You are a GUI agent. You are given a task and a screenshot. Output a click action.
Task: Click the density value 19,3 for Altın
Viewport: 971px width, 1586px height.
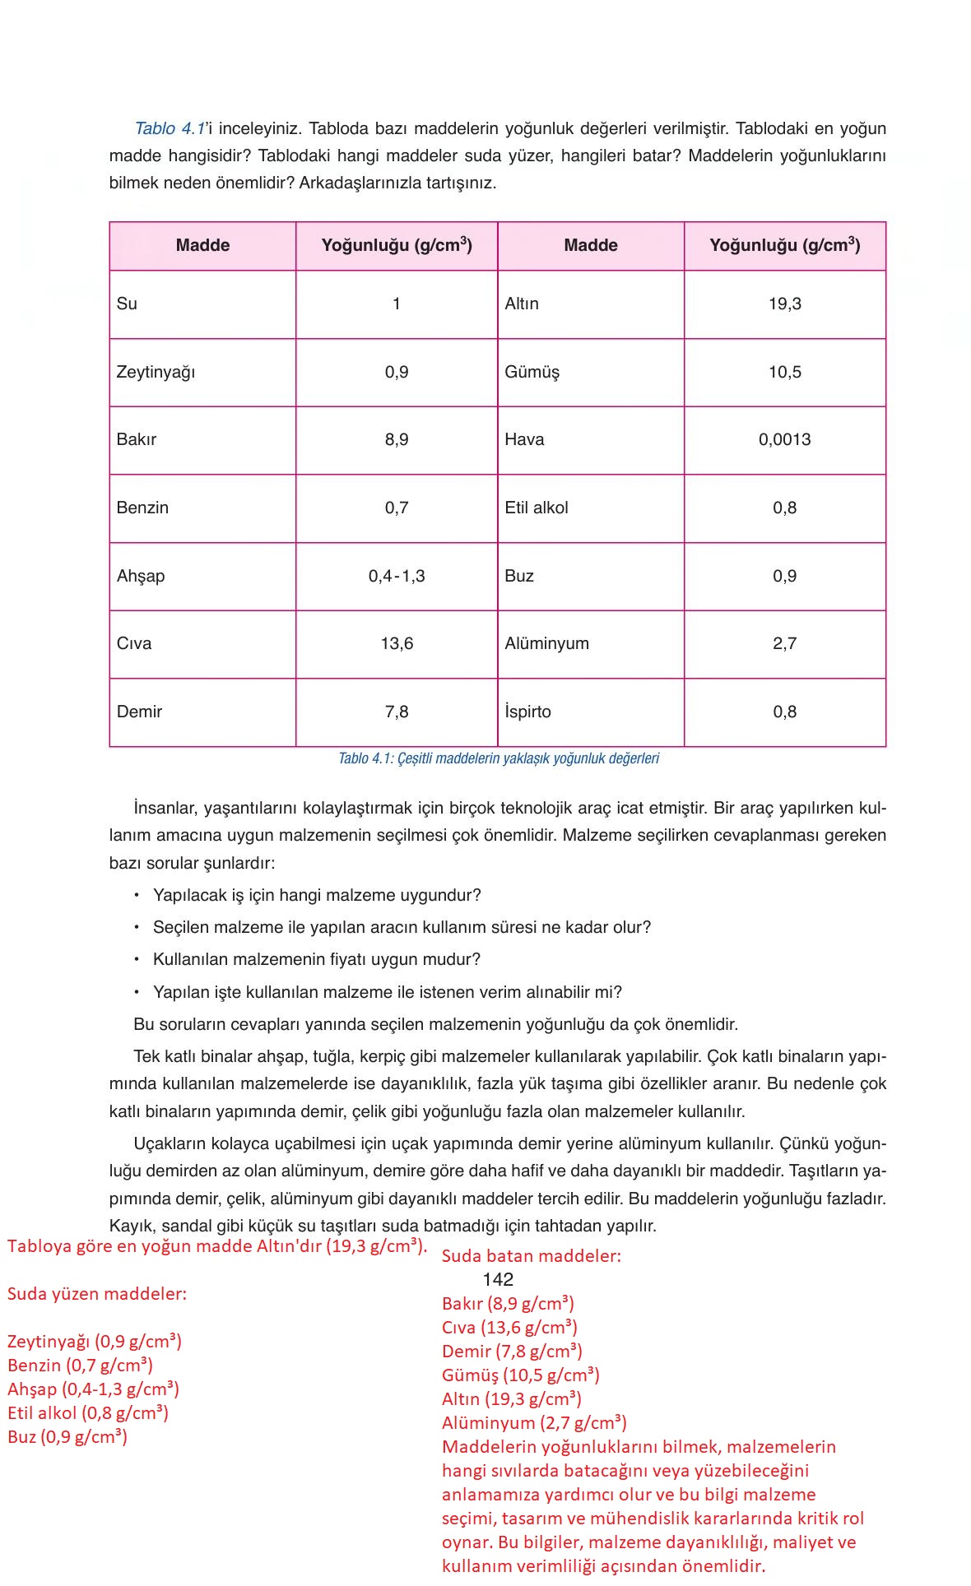784,304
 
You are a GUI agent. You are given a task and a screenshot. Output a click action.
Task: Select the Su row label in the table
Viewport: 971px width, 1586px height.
127,304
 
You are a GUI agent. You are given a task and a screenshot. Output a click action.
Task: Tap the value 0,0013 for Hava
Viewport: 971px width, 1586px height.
784,439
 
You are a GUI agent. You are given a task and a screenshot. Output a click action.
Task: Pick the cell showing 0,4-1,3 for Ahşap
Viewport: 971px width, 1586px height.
396,576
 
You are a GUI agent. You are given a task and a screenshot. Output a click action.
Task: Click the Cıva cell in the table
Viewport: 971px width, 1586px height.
134,643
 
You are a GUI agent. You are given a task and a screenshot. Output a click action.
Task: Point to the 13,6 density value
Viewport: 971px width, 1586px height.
396,643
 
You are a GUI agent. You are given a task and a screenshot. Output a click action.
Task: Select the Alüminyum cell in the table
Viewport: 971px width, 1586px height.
546,643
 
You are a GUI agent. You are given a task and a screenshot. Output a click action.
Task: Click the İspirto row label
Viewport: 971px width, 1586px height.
527,712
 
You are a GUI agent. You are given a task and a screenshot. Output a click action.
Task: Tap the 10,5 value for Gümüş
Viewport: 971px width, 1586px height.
784,372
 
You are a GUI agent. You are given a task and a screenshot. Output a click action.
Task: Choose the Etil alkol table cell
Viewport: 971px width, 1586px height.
536,508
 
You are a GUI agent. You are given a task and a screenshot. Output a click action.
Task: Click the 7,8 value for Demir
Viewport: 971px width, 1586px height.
396,712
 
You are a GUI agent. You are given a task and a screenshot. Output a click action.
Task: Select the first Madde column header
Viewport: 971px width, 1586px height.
202,245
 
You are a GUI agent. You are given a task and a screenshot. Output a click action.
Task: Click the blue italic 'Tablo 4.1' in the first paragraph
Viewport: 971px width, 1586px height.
170,128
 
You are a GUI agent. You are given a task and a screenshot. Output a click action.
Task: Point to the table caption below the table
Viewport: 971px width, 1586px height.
498,758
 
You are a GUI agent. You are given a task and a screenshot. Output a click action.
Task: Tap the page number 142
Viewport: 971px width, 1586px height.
497,1279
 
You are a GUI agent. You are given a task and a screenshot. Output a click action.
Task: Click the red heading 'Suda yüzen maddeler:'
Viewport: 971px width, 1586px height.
96,1294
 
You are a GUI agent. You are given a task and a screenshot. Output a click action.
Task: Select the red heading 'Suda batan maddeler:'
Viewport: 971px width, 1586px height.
531,1256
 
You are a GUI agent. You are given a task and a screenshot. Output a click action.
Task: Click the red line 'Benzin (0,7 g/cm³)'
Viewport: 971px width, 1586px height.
80,1366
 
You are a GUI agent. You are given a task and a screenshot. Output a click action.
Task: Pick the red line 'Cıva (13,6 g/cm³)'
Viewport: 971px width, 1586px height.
509,1328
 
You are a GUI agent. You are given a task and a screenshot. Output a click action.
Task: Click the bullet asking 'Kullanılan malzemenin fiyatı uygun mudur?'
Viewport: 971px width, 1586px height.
316,959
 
